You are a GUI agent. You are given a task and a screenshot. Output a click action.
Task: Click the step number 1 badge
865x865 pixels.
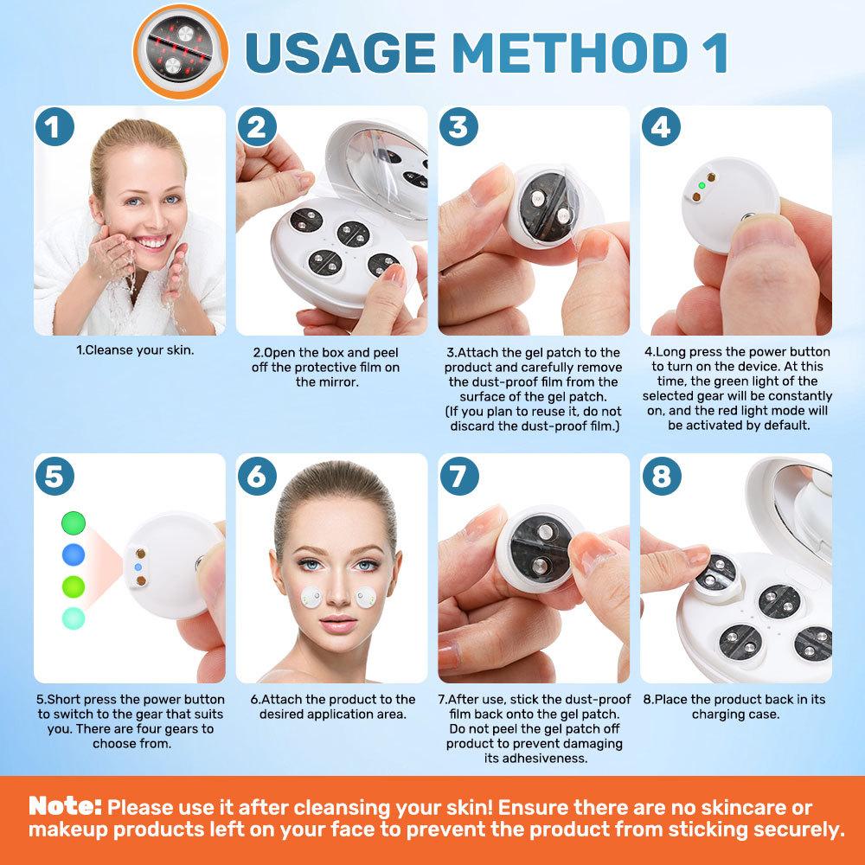tap(54, 127)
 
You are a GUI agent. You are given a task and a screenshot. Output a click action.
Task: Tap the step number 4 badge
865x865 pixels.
tap(661, 127)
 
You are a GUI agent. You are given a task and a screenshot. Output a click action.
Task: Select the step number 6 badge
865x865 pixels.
tap(257, 476)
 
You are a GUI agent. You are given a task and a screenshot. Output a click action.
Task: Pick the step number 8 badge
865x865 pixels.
tap(662, 476)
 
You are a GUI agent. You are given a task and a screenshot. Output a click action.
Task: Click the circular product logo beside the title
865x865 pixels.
tap(181, 52)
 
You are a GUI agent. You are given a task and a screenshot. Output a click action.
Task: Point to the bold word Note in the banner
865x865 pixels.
tap(65, 806)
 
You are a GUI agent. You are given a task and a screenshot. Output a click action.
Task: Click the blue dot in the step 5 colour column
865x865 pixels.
tap(74, 554)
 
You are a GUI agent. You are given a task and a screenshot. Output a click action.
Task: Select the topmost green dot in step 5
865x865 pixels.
tap(74, 522)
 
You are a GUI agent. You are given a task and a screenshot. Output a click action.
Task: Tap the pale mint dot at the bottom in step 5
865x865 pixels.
tap(74, 618)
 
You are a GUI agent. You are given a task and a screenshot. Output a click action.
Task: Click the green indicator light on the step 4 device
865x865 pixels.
tap(702, 185)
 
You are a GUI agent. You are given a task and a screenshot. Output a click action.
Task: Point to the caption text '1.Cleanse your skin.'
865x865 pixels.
tap(135, 349)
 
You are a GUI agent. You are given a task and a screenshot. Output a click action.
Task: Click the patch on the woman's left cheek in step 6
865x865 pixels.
tap(365, 598)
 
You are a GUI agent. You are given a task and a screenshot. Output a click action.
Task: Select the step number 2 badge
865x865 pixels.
tap(257, 127)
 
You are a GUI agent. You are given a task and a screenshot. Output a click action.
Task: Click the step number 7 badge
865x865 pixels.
tap(459, 476)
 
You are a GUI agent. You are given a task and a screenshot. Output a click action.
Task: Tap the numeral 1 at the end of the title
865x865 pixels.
tap(714, 53)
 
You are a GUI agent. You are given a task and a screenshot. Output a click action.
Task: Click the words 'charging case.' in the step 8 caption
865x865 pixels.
tap(735, 714)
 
